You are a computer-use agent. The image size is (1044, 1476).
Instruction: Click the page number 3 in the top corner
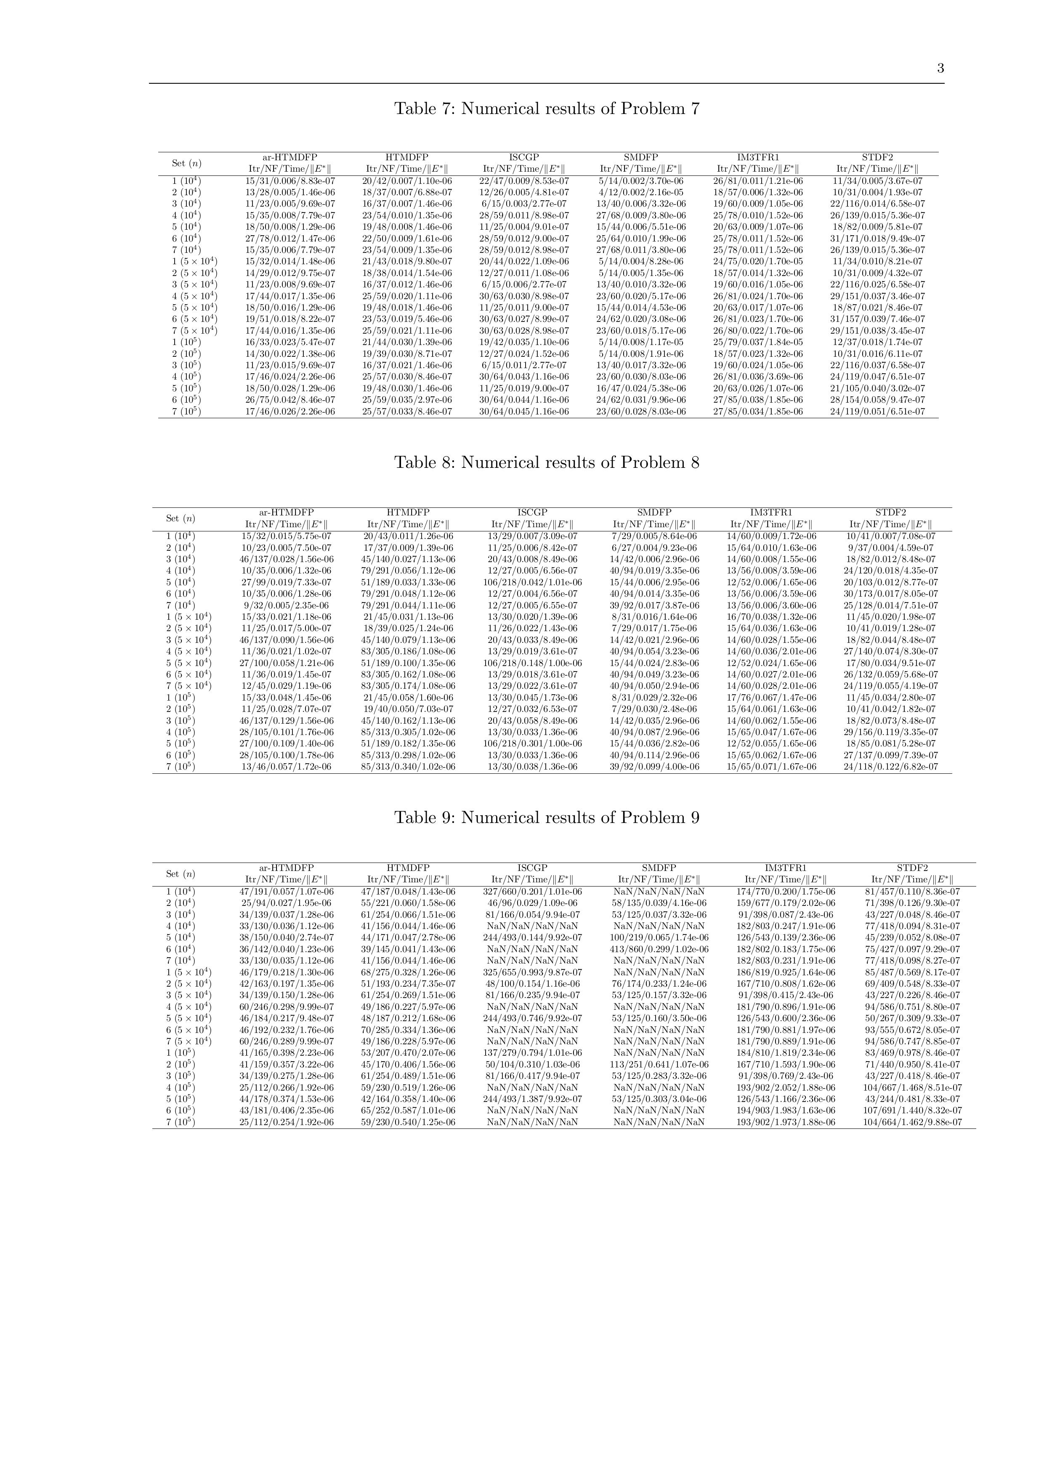click(940, 69)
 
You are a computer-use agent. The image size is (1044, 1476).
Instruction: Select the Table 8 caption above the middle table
click(547, 463)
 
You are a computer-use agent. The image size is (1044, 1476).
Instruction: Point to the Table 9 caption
click(547, 818)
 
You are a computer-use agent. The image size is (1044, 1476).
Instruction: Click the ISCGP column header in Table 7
click(524, 157)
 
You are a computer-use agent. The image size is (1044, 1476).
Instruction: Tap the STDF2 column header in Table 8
click(890, 512)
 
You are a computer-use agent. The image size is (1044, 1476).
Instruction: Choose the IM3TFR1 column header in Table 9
click(786, 868)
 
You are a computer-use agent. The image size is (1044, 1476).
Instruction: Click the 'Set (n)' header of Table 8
click(181, 518)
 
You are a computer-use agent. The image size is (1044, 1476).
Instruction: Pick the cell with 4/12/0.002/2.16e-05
click(641, 192)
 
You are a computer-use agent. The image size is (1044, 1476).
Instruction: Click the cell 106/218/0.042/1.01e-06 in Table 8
click(532, 582)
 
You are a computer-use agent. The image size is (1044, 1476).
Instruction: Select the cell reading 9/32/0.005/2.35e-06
click(286, 605)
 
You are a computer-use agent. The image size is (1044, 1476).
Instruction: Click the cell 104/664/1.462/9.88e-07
click(912, 1123)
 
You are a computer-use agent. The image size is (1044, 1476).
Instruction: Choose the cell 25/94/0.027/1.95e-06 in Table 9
click(286, 903)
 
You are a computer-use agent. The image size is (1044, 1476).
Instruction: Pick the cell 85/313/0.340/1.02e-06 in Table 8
click(408, 767)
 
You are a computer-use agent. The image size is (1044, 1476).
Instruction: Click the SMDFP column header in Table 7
click(641, 157)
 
